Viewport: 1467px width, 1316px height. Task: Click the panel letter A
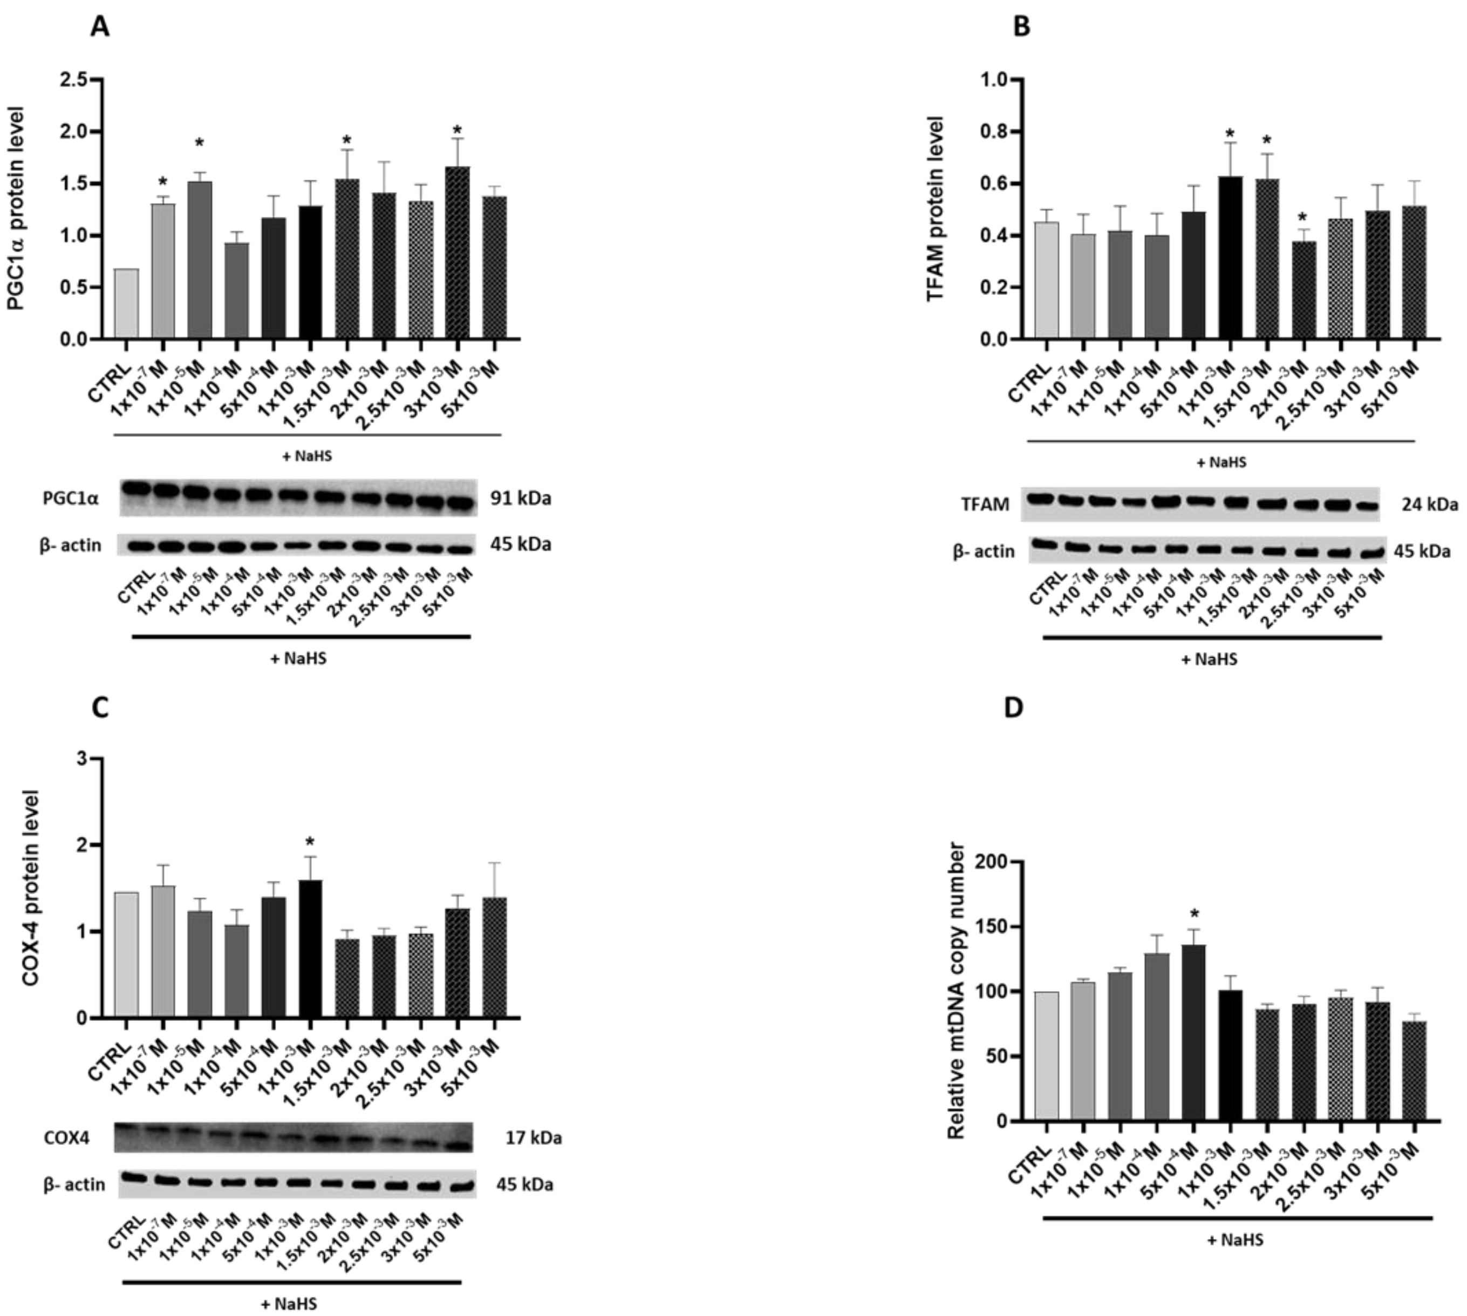click(x=100, y=27)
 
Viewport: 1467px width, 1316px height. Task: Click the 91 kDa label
click(x=521, y=498)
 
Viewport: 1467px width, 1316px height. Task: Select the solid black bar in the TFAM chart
click(x=1230, y=257)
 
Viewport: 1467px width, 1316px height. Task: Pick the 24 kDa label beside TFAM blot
click(x=1429, y=504)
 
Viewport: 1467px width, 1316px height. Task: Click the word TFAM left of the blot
click(x=985, y=504)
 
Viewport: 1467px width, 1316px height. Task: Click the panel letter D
click(x=1014, y=708)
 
